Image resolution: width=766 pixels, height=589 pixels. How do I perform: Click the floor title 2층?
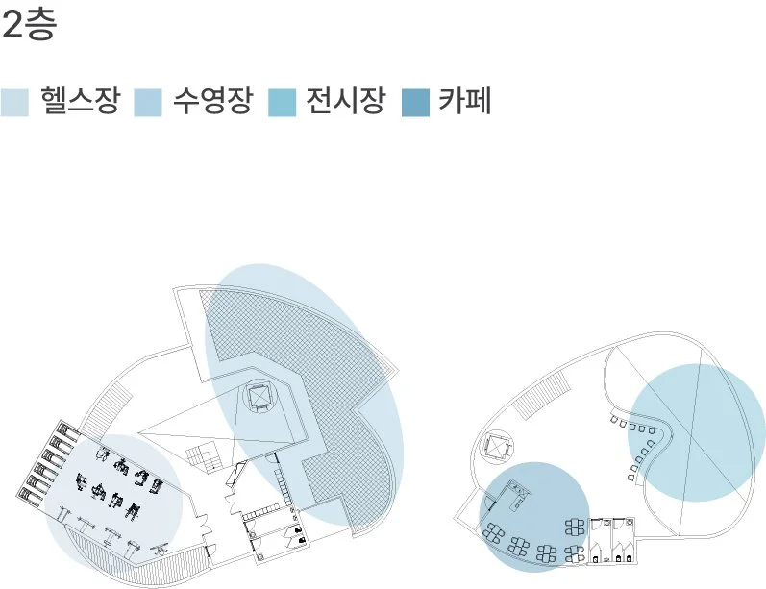click(30, 26)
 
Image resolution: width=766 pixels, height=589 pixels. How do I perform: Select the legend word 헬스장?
click(81, 101)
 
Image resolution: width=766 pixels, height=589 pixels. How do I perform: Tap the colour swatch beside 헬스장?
click(14, 102)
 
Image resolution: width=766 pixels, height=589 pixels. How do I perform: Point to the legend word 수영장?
click(212, 101)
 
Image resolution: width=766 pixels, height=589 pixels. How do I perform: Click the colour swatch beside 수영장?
click(147, 102)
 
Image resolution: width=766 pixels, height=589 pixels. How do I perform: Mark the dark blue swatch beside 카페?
click(413, 102)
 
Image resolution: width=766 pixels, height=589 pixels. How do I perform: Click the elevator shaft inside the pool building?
click(259, 396)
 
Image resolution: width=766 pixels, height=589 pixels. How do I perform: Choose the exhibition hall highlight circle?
click(696, 432)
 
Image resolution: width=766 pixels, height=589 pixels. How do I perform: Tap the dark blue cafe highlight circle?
click(533, 517)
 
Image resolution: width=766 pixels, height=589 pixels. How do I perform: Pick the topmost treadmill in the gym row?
click(63, 431)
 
